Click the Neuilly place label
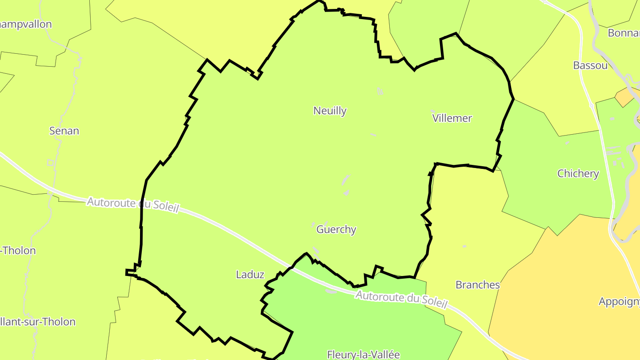pos(330,111)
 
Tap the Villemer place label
pos(452,118)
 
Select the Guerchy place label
pos(336,229)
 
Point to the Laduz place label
pos(250,275)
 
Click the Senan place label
pos(64,131)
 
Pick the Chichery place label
pos(578,173)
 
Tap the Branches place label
pos(478,285)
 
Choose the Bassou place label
pos(590,66)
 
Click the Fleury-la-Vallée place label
pos(364,354)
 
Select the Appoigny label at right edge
pos(619,301)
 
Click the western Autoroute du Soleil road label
pos(132,204)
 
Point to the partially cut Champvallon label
pos(26,24)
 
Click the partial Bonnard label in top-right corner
pos(624,33)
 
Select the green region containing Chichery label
pos(551,196)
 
